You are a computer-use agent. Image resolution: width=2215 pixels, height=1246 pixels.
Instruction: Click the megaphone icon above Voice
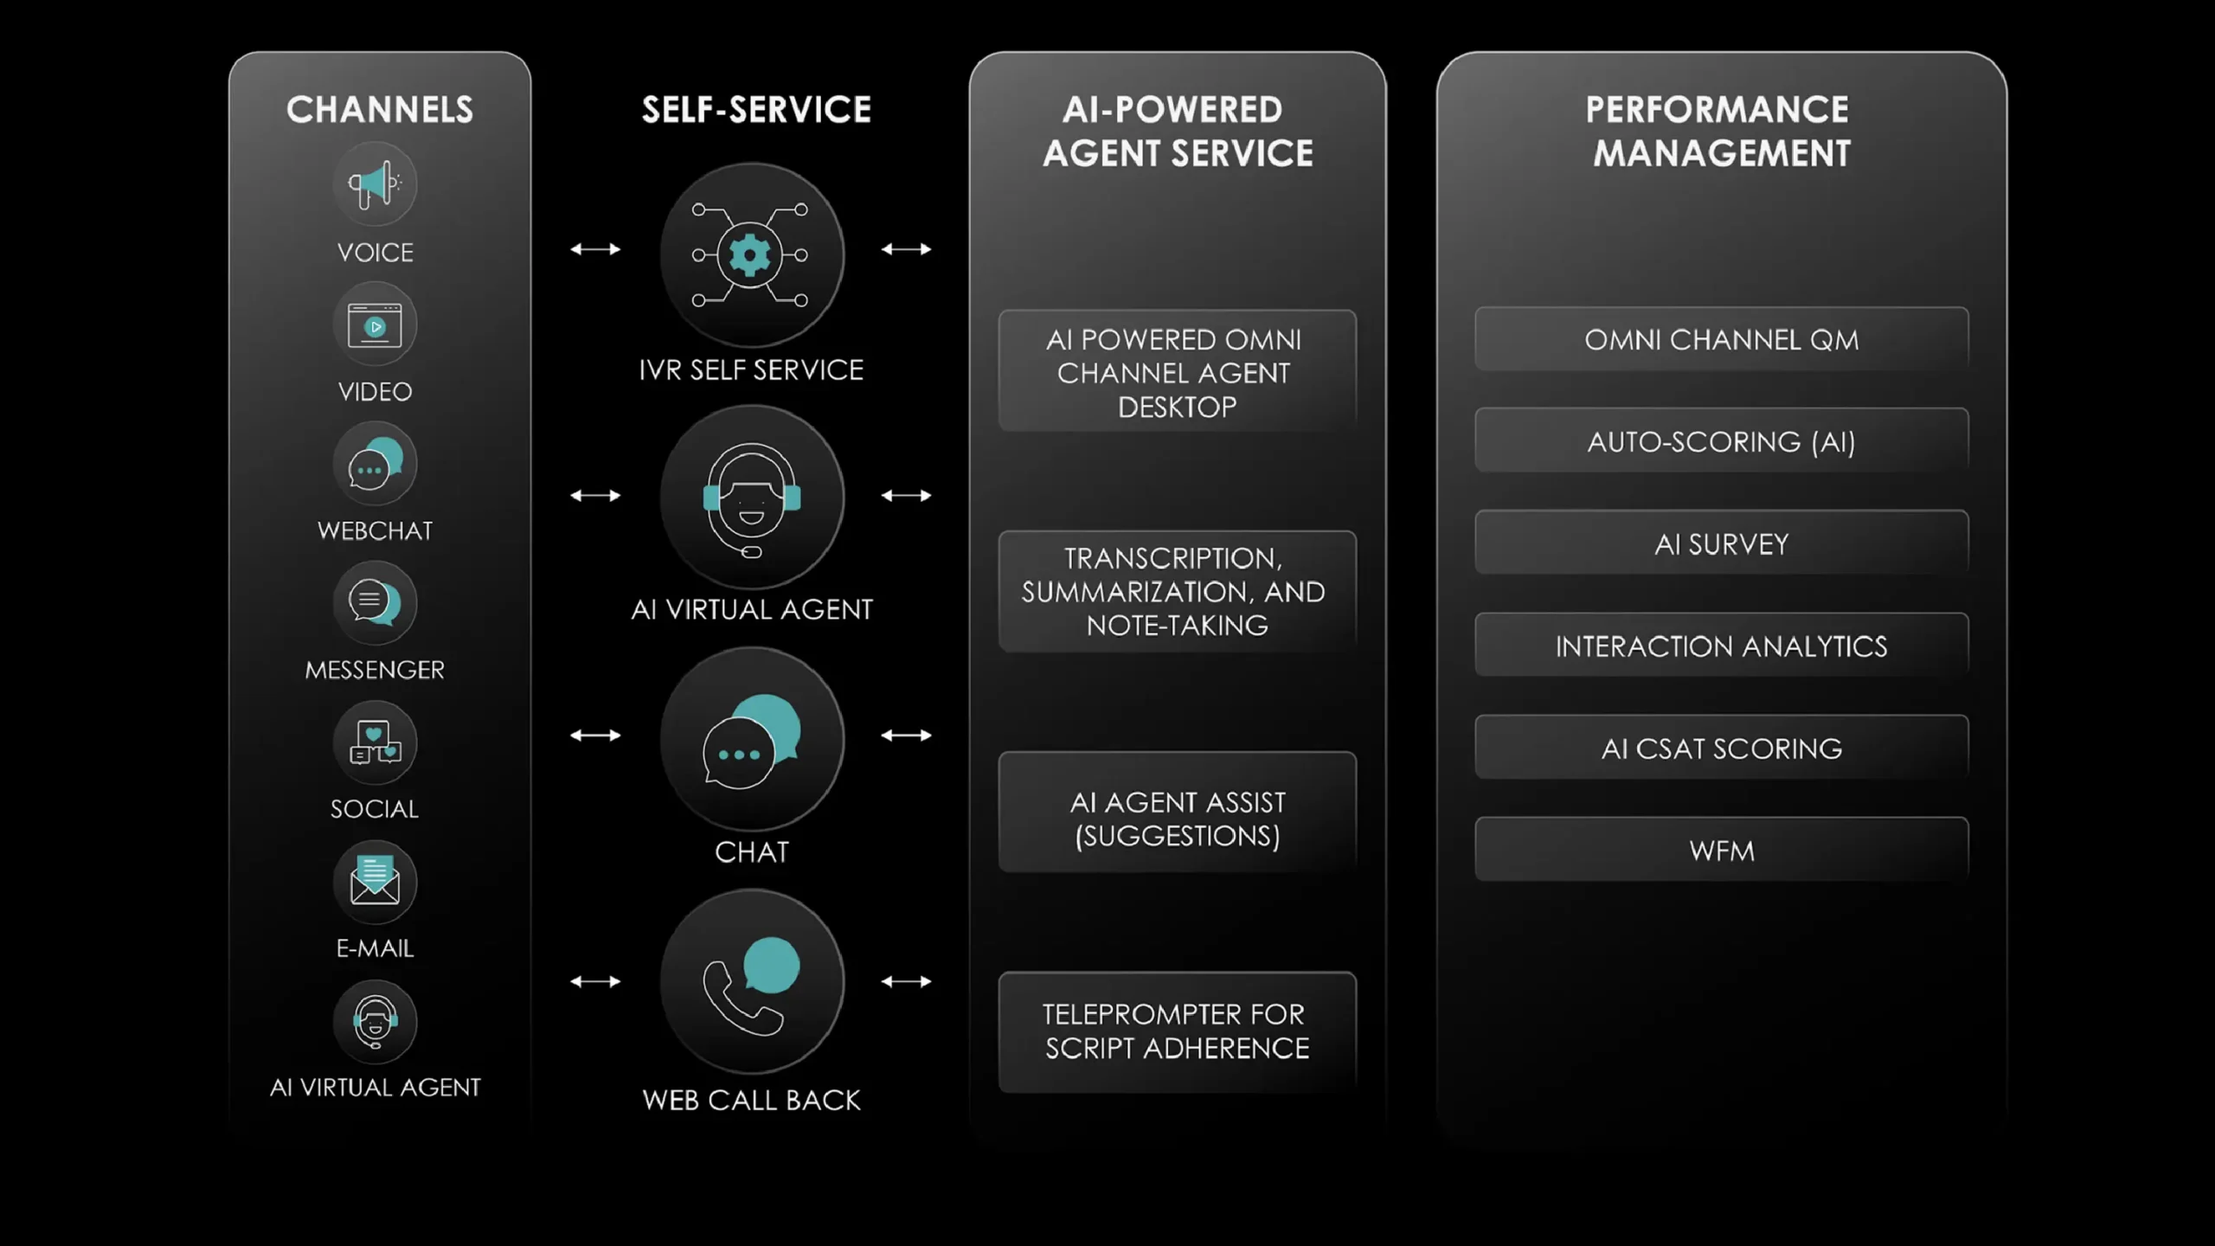375,184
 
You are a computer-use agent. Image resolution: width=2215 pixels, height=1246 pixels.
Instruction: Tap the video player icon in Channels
375,325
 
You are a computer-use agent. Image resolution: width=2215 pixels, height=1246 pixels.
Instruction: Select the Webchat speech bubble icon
375,465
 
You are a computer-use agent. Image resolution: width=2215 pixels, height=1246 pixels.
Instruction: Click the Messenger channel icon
375,603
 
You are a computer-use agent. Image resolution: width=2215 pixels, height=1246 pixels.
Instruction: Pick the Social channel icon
375,743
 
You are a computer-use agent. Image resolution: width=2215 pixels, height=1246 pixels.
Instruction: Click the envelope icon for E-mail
375,882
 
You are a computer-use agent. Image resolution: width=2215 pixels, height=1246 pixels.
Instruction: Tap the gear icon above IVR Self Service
750,255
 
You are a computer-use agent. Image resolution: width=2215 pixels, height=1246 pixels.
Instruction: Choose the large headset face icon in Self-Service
751,498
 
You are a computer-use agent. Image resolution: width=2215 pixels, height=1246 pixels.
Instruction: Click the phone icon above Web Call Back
751,983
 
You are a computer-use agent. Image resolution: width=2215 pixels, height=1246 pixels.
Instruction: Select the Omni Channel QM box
1721,340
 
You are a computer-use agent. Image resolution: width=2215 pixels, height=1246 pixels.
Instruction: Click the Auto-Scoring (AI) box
1721,441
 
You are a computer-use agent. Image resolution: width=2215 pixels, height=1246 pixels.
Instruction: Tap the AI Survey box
1721,543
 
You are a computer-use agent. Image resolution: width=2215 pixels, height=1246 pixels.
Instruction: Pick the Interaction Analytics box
1721,645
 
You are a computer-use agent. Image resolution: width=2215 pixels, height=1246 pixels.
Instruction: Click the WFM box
1721,851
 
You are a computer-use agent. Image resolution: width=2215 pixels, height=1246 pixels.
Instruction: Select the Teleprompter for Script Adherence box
1177,1031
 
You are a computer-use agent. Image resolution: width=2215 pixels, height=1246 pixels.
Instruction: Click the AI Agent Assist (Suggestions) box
1177,819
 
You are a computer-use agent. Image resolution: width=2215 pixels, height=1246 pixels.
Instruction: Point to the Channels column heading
380,110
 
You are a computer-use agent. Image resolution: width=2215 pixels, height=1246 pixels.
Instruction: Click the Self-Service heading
756,110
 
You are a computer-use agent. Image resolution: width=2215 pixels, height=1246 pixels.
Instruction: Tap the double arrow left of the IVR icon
595,249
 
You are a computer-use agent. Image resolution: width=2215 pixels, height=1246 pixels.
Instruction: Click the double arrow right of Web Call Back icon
906,981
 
